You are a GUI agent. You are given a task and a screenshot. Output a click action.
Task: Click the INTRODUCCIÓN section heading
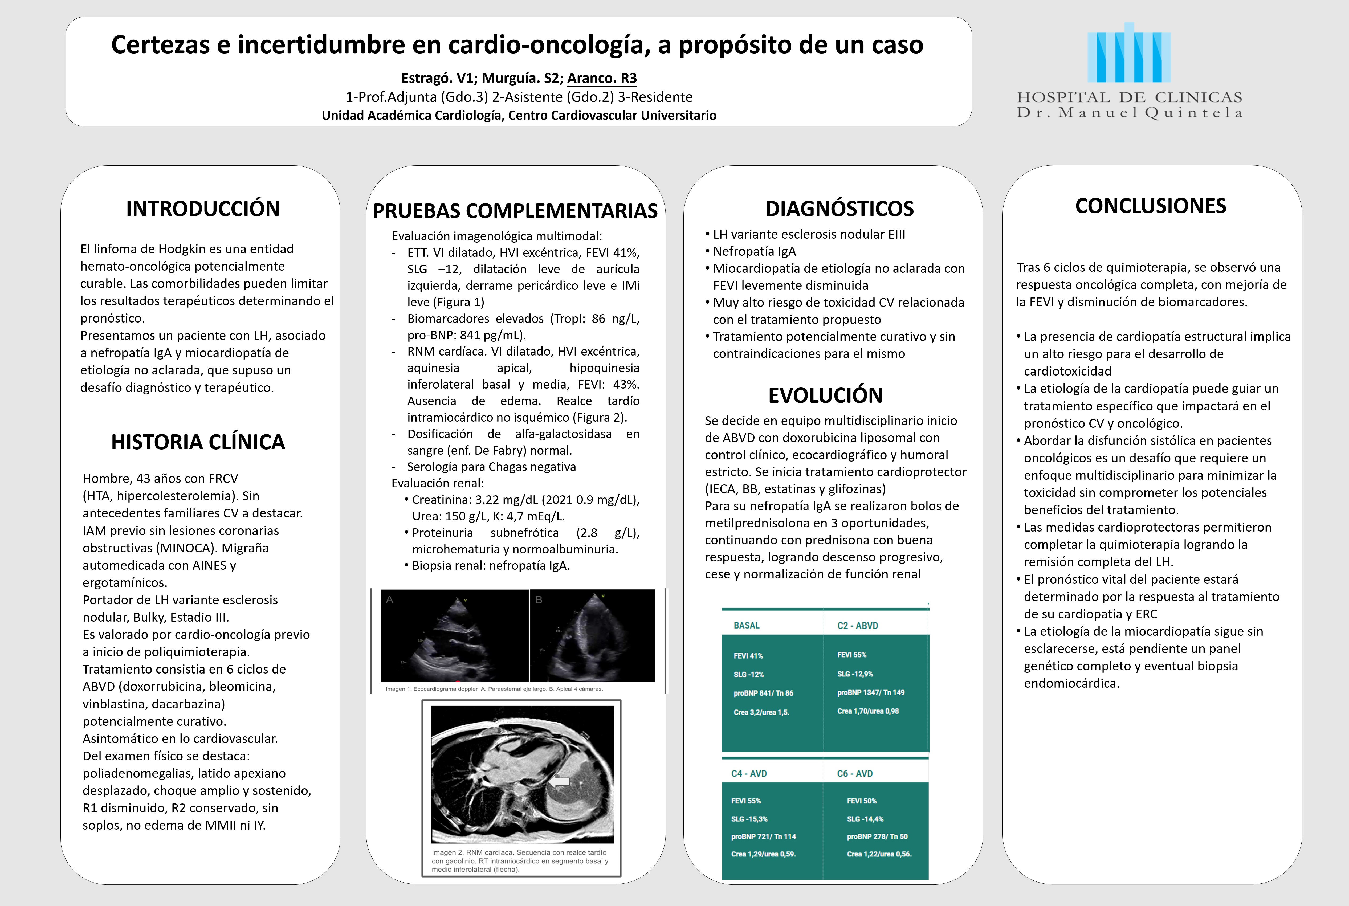(203, 209)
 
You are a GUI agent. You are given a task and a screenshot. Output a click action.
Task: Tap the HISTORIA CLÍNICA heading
(198, 442)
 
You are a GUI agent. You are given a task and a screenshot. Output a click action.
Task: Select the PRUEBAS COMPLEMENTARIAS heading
(515, 211)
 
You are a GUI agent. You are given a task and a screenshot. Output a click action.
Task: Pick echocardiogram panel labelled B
(593, 636)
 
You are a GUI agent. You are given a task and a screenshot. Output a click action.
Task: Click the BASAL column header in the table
(747, 625)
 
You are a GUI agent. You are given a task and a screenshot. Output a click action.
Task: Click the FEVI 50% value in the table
(861, 801)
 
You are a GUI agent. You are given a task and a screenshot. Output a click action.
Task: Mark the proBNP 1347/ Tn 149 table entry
(871, 692)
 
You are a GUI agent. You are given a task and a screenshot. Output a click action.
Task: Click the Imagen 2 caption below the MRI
(520, 860)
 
